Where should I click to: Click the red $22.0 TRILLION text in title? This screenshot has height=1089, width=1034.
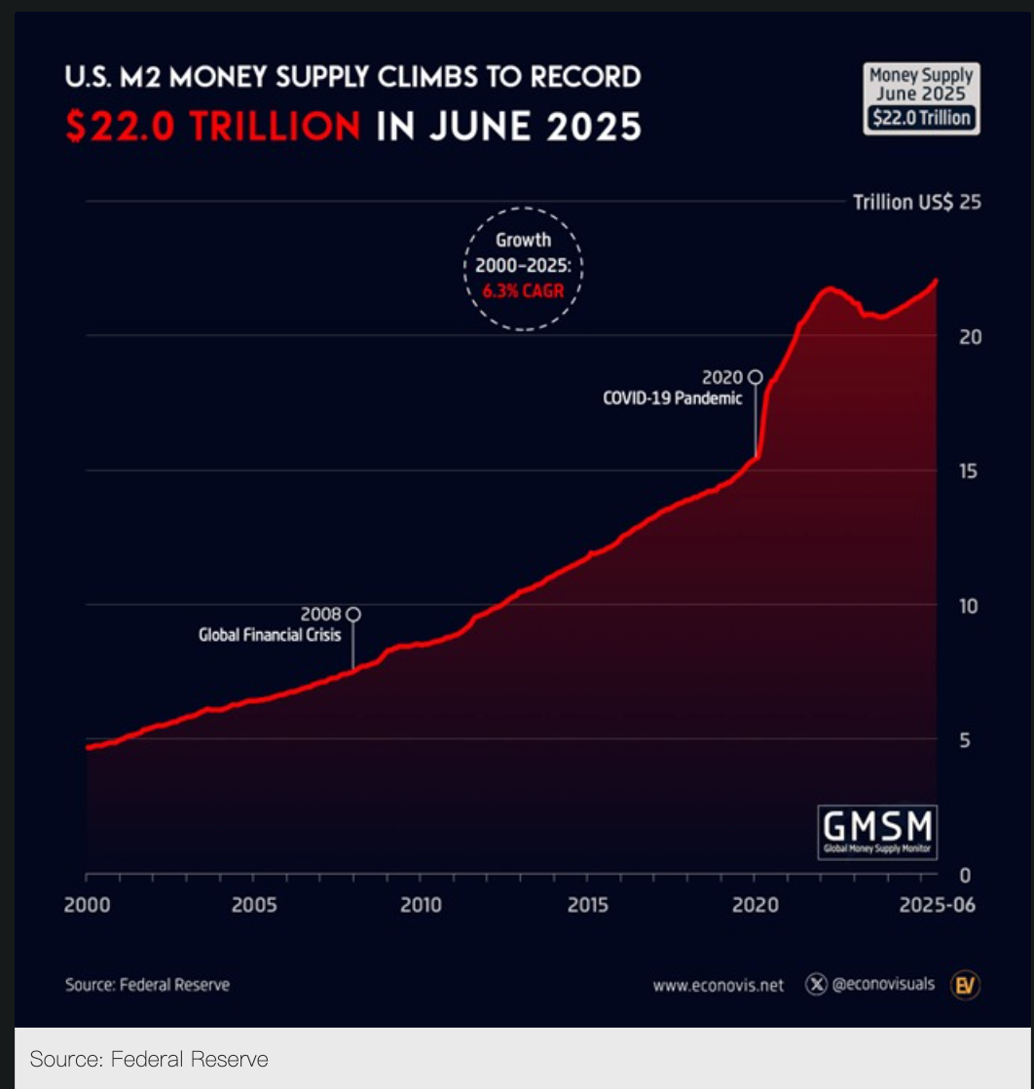(x=212, y=127)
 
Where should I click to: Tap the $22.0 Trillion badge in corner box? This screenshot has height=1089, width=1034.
(x=920, y=118)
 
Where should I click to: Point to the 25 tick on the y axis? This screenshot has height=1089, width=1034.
(x=969, y=203)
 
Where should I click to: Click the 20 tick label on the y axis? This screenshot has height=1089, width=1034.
(x=968, y=337)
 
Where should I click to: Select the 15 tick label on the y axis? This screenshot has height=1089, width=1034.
(x=968, y=471)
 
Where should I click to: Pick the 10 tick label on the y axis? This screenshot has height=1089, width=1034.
(x=968, y=606)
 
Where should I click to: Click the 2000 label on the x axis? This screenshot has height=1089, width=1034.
(x=86, y=906)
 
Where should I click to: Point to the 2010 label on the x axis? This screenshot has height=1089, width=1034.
(x=421, y=906)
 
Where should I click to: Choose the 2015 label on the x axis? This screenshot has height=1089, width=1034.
(x=587, y=906)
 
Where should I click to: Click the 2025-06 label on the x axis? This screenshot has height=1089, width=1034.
(x=936, y=906)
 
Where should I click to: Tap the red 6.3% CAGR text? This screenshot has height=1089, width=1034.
(x=523, y=290)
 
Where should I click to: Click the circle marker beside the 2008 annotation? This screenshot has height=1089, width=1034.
(x=353, y=614)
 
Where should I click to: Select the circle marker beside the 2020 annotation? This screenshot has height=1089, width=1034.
(x=755, y=377)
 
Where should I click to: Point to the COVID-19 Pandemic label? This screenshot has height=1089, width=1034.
(x=672, y=398)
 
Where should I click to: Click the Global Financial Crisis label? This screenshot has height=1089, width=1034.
(x=269, y=635)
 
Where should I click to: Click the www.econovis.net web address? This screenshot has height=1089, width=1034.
(x=718, y=985)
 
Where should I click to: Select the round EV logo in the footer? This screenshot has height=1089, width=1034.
(x=965, y=985)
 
